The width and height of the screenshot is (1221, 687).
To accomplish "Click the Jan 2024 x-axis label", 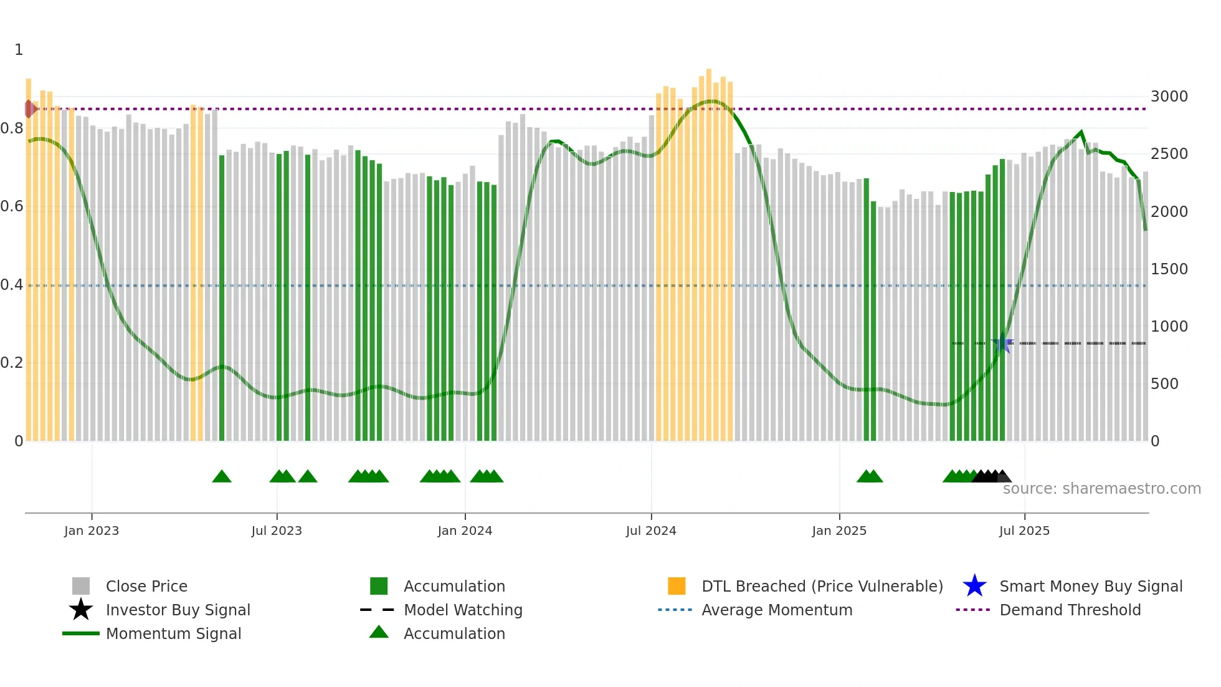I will pyautogui.click(x=465, y=531).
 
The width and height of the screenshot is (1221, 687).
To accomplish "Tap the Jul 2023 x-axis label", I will pyautogui.click(x=277, y=531).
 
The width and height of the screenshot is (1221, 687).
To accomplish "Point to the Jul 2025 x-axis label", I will pyautogui.click(x=1024, y=531).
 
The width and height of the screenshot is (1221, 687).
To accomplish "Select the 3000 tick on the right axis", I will pyautogui.click(x=1169, y=97).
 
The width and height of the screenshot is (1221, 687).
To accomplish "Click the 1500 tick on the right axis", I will pyautogui.click(x=1169, y=269).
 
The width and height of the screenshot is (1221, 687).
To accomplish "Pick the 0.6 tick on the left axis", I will pyautogui.click(x=12, y=206).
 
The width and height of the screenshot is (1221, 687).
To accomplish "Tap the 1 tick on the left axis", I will pyautogui.click(x=19, y=50).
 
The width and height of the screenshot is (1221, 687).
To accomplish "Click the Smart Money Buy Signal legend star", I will pyautogui.click(x=974, y=586).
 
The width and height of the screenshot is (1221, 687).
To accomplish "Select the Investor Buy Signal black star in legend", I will pyautogui.click(x=81, y=610).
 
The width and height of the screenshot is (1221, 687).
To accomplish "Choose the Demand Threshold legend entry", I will pyautogui.click(x=1070, y=610).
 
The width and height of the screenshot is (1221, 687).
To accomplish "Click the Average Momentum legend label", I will pyautogui.click(x=776, y=610).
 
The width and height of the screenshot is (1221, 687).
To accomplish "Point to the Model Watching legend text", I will pyautogui.click(x=463, y=610).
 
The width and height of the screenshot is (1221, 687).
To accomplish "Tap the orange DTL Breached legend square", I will pyautogui.click(x=677, y=586).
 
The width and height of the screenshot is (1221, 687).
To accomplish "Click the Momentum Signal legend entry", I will pyautogui.click(x=173, y=633).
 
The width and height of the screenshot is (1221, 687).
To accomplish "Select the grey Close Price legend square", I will pyautogui.click(x=81, y=586).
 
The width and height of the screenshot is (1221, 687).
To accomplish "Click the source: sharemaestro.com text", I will pyautogui.click(x=1101, y=489).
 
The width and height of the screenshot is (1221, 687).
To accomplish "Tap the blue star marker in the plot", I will pyautogui.click(x=1002, y=343).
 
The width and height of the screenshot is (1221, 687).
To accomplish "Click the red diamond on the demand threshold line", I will pyautogui.click(x=29, y=109).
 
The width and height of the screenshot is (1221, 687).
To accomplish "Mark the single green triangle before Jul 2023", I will pyautogui.click(x=222, y=477).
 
